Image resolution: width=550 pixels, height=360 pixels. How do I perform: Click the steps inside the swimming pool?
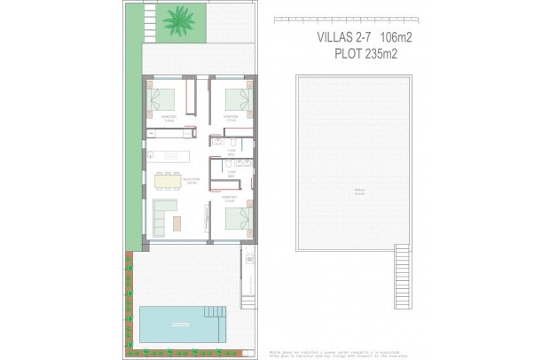coord(215,313)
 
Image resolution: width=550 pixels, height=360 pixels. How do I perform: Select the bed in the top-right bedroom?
coord(237,98)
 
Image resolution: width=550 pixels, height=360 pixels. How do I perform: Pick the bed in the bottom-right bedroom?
coord(236,216)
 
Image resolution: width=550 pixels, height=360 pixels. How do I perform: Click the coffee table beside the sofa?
coord(177,219)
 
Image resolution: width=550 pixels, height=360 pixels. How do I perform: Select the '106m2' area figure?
coord(395,37)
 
